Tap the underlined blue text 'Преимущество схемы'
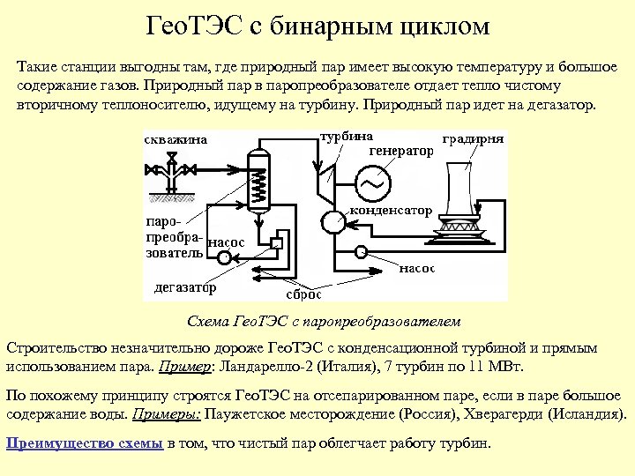click(84, 443)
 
